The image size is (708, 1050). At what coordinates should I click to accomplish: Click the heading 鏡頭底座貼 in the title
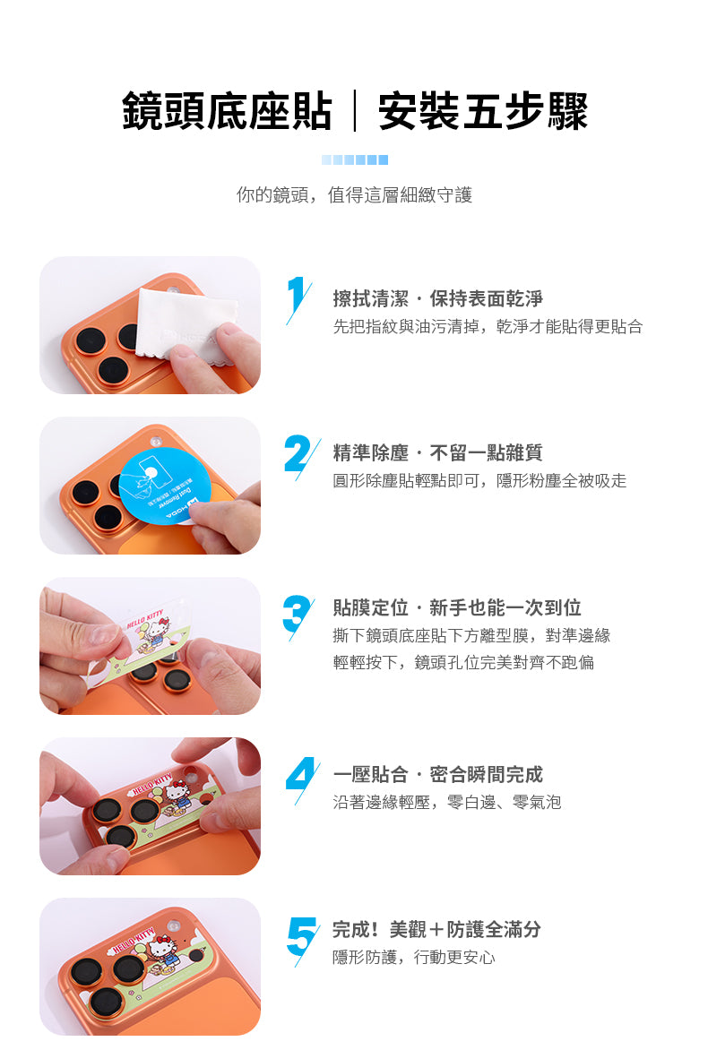click(x=227, y=111)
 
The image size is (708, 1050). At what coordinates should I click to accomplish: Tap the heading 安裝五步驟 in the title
click(x=483, y=111)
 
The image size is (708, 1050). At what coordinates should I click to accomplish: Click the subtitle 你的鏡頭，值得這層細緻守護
click(x=354, y=195)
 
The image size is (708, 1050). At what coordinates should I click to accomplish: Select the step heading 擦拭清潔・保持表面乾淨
click(x=438, y=298)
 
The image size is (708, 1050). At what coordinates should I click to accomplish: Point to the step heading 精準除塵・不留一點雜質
click(x=438, y=452)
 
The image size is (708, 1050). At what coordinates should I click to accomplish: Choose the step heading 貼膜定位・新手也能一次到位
click(x=457, y=607)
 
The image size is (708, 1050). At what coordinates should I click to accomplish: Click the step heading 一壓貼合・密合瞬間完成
click(x=438, y=775)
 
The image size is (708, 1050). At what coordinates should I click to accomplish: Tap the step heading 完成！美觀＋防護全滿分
click(x=436, y=929)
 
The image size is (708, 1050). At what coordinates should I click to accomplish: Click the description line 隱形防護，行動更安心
click(x=414, y=958)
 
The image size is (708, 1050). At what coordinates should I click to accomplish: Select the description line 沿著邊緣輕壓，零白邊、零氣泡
click(x=447, y=802)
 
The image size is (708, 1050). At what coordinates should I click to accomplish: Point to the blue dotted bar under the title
click(x=354, y=160)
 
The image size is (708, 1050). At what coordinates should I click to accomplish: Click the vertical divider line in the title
click(x=355, y=111)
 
